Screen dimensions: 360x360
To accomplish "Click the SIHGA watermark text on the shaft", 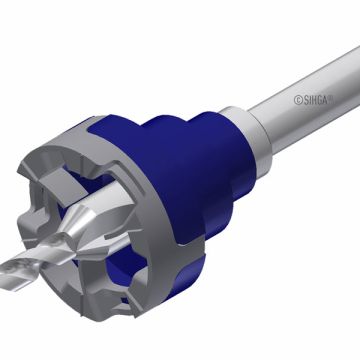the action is click(x=314, y=99).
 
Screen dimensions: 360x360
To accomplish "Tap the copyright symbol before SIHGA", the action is click(x=298, y=100).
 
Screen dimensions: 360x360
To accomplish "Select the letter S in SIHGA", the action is click(x=306, y=100).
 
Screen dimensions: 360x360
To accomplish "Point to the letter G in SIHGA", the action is click(x=319, y=100).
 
